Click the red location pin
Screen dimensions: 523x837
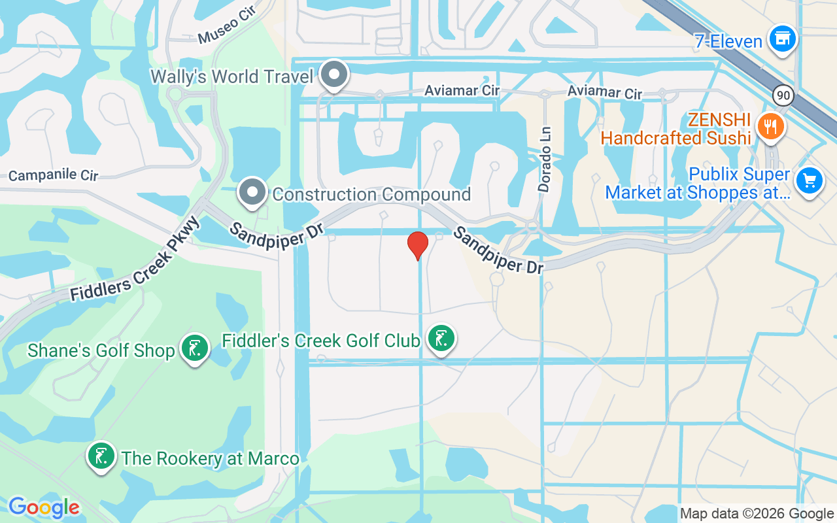(418, 245)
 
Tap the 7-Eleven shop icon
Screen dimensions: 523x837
(782, 39)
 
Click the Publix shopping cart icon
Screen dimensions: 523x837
(810, 180)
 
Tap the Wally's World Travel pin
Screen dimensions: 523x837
(335, 75)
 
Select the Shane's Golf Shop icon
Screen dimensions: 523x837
(194, 348)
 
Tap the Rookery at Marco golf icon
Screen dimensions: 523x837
(101, 456)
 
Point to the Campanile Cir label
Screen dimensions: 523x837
(53, 176)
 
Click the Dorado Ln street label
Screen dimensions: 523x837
(545, 160)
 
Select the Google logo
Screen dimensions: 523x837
(44, 508)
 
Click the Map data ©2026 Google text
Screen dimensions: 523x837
(756, 514)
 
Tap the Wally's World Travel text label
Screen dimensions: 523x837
(232, 76)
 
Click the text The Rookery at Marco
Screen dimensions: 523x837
(211, 458)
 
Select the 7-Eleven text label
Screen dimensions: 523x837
(728, 42)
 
